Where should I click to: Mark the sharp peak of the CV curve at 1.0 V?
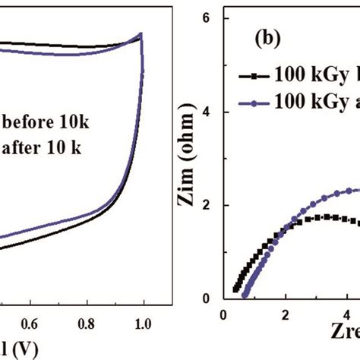(x=141, y=33)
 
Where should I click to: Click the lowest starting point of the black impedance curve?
(x=235, y=289)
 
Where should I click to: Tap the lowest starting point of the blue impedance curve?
(x=243, y=292)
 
